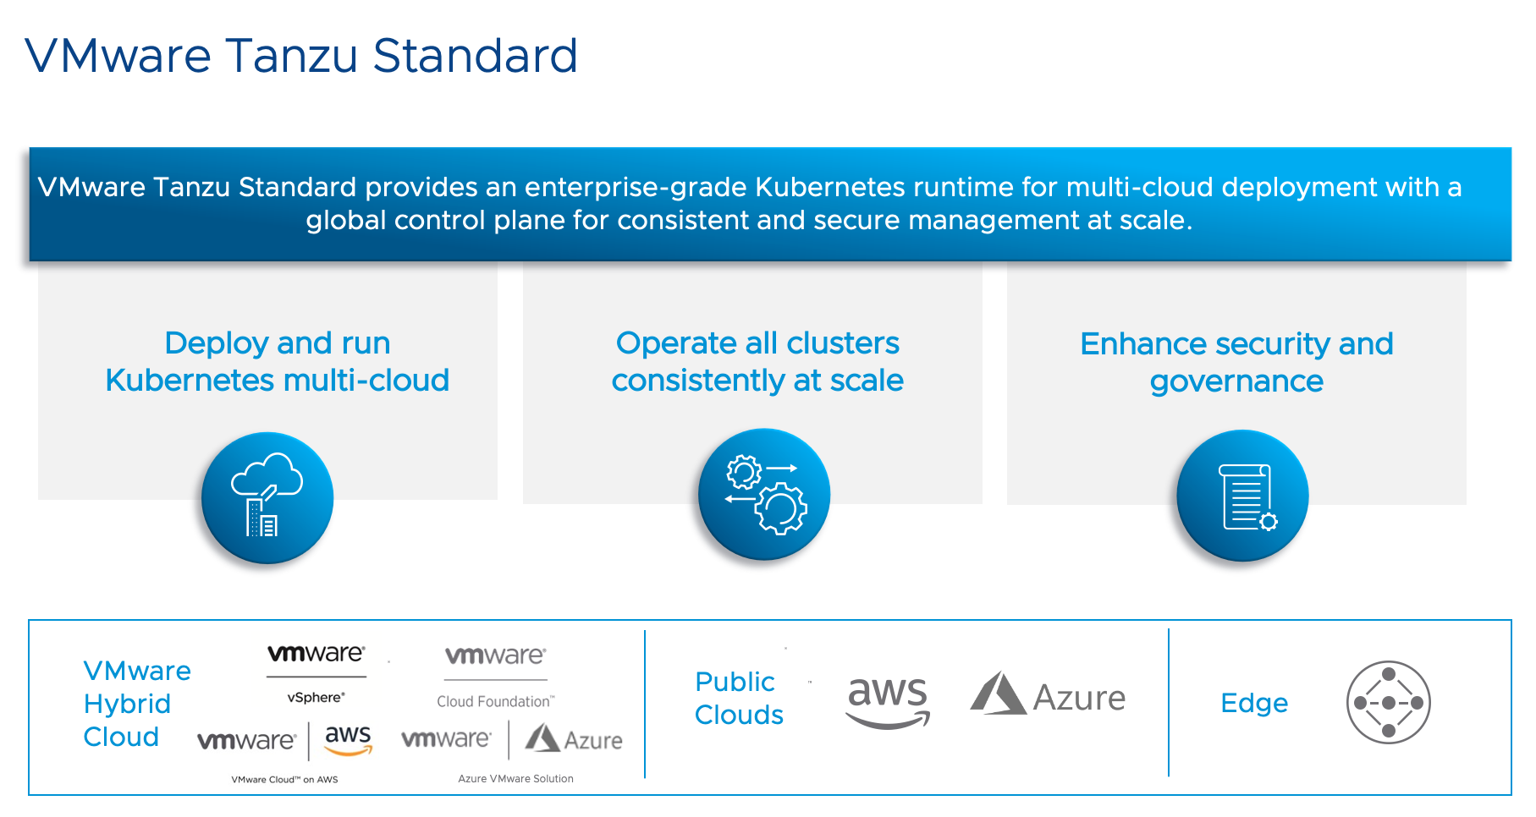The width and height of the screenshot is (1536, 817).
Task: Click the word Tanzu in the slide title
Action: (293, 57)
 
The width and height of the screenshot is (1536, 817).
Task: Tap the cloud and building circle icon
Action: (267, 497)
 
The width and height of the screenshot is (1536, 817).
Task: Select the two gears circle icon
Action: (763, 495)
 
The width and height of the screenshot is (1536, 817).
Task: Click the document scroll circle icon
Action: (1242, 496)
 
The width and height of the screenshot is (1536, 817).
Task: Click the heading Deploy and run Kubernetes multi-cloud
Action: (277, 362)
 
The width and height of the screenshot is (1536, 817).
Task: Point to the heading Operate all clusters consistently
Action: (757, 362)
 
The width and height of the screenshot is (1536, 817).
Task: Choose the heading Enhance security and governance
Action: (1236, 363)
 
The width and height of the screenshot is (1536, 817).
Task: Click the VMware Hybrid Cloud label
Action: (135, 704)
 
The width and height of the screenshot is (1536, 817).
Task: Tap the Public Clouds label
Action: (737, 699)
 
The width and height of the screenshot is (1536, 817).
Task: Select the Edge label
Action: (1253, 703)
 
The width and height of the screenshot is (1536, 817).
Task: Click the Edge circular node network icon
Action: (1388, 703)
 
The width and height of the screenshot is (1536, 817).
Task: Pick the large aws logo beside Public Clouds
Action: (888, 701)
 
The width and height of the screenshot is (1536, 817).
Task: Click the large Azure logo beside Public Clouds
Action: (1048, 696)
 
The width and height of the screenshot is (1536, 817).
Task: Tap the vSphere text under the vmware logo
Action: (316, 698)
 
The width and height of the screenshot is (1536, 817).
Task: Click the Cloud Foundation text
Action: (495, 701)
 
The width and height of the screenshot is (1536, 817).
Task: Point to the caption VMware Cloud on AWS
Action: (284, 780)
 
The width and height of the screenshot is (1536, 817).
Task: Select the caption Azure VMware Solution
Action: (515, 779)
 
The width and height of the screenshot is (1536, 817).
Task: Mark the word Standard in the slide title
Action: (475, 57)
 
